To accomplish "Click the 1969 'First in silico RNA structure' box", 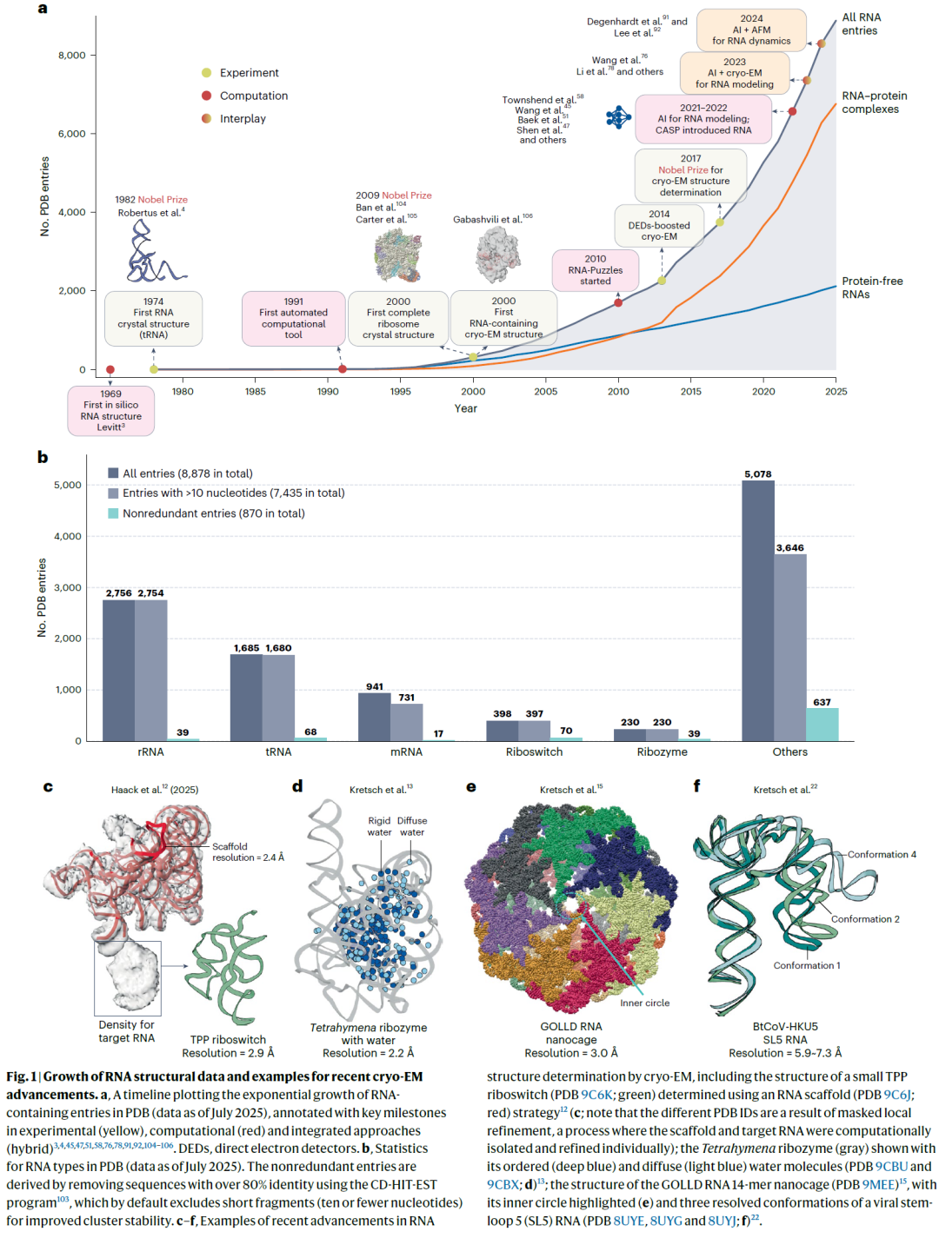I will (110, 410).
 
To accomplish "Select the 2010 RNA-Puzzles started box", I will (596, 270).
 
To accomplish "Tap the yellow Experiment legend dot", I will (206, 73).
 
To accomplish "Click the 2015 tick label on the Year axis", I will (690, 392).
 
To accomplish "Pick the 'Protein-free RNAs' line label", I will (871, 288).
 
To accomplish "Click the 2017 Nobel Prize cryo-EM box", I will (690, 175).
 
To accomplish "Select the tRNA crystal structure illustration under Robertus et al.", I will (152, 253).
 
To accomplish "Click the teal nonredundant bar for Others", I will (822, 725).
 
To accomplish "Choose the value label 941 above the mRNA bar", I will (375, 686).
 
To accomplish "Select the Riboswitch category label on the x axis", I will (534, 752).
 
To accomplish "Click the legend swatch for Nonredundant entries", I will (113, 513).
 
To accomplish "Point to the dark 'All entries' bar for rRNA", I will (118, 670).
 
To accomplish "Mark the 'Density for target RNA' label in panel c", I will (126, 1031).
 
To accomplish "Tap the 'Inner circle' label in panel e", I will (644, 1003).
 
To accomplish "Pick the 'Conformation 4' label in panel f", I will (882, 855).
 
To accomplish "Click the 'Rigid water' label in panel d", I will (379, 826).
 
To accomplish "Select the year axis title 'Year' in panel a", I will (465, 408).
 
